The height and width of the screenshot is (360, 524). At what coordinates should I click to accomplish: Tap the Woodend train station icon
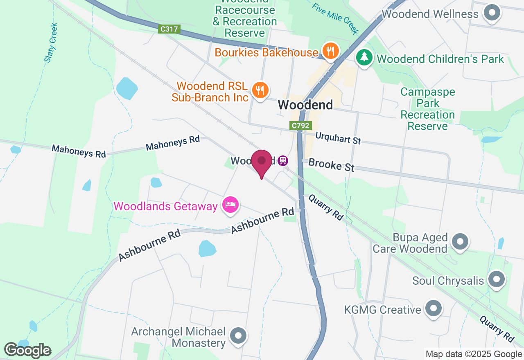tap(282, 161)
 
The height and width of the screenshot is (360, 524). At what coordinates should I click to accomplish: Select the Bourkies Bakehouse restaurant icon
tap(330, 51)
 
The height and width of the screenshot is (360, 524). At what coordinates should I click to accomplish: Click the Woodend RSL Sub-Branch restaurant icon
tap(260, 89)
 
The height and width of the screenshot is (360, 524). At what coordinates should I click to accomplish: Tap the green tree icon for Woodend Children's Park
tap(364, 57)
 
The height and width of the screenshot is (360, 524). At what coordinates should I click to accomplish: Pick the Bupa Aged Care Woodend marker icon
tap(460, 242)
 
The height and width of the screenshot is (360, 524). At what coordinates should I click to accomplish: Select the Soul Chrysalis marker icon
tap(497, 280)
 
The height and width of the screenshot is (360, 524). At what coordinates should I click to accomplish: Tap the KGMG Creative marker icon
tap(433, 309)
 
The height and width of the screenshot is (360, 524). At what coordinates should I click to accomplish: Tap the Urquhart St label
tap(338, 138)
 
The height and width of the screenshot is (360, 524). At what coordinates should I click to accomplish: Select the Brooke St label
tap(331, 165)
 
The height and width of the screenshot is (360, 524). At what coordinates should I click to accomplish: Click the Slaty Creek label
tap(52, 43)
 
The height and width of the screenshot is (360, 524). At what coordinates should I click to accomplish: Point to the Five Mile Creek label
tap(334, 18)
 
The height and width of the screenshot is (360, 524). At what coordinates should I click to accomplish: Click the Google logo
tap(27, 350)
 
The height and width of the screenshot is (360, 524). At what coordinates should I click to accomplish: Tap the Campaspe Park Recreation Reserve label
tap(427, 109)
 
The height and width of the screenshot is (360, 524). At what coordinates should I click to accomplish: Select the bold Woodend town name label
tap(305, 105)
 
